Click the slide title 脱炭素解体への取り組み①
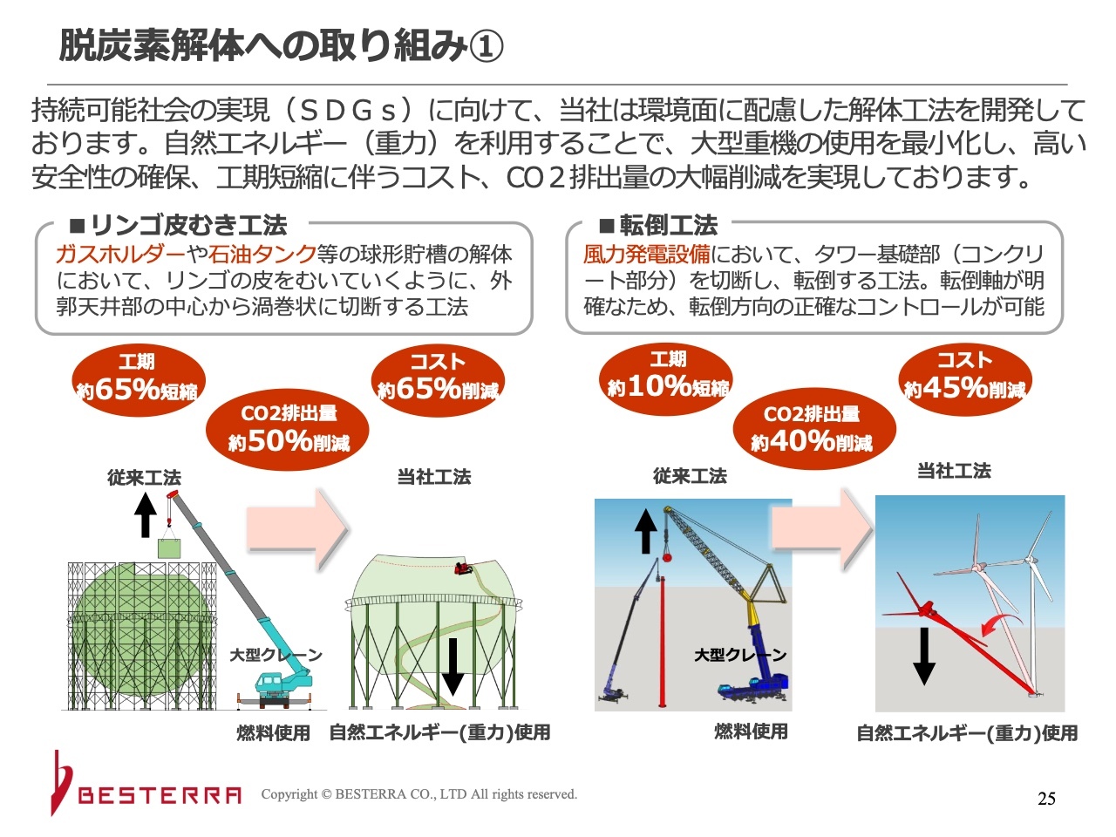(281, 45)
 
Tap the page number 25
(1046, 799)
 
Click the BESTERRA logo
(146, 786)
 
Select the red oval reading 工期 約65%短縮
(139, 380)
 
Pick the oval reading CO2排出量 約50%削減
(287, 430)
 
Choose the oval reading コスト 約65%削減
(438, 380)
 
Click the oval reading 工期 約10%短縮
(666, 378)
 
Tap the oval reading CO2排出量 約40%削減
(814, 428)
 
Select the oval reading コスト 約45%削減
(965, 379)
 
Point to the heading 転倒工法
(659, 225)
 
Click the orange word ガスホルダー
(120, 254)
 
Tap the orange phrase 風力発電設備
(647, 254)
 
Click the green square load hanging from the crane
(171, 549)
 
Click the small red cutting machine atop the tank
(464, 568)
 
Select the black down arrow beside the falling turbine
(924, 656)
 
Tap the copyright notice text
(419, 794)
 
